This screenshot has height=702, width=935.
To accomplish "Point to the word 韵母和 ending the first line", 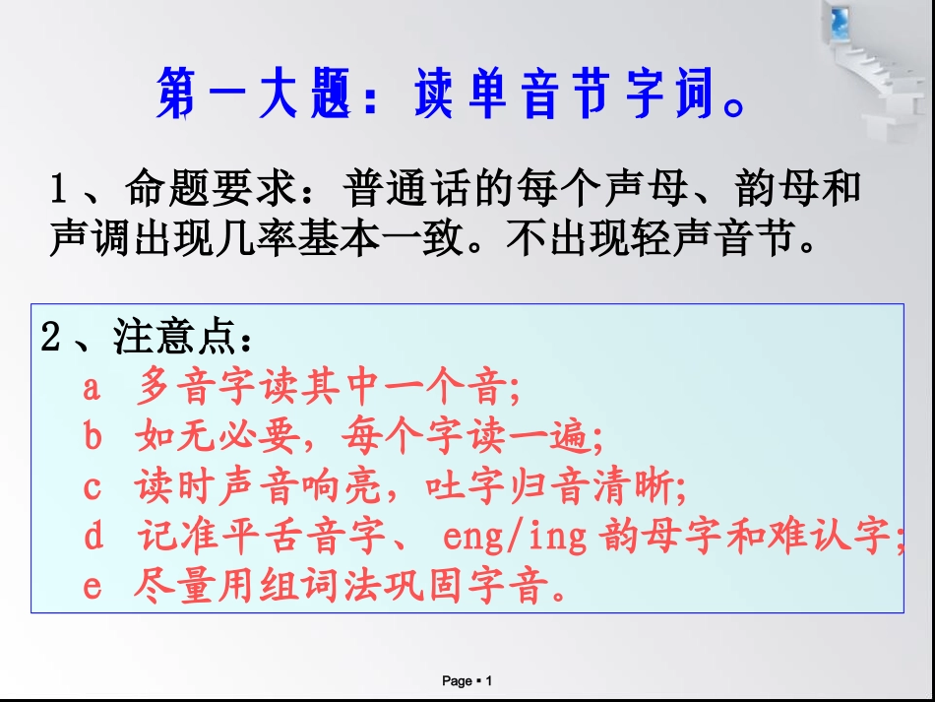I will click(805, 189).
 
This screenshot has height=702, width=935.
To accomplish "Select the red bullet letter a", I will click(92, 388).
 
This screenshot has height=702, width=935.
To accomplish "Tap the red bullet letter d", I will click(93, 538).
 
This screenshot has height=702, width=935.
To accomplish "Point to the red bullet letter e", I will click(92, 588).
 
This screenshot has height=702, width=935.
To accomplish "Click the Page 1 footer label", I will click(467, 681).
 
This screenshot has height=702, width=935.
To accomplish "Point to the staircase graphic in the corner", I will click(871, 69).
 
